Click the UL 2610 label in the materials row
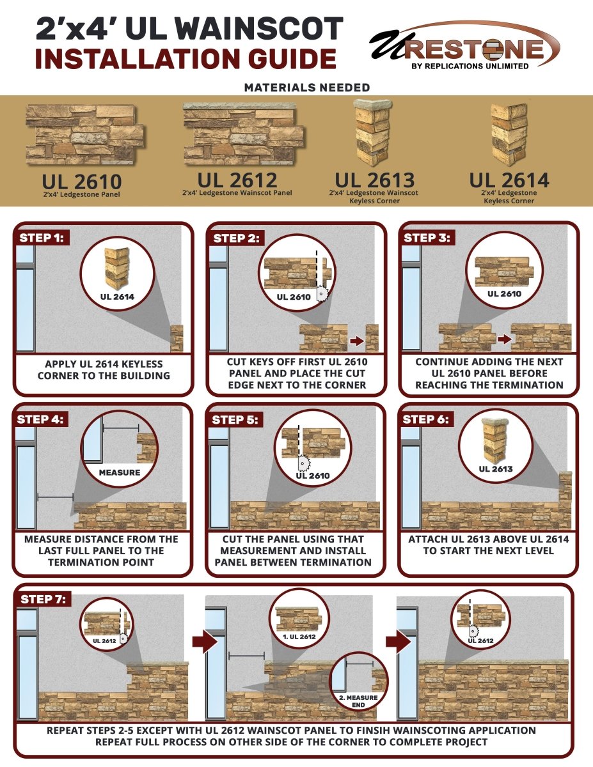pos(82,182)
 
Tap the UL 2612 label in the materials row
pos(237,180)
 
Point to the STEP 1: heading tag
pos(42,238)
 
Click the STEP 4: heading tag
pos(40,419)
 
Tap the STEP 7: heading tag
pos(43,599)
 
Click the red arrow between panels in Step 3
pos(504,339)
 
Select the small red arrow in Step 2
pos(357,341)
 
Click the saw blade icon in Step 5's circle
pos(304,463)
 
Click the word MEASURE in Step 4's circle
pos(120,472)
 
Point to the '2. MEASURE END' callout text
pos(358,701)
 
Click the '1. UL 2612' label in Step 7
pos(299,637)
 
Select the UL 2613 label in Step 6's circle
pos(496,469)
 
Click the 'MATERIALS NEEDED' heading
pos(307,88)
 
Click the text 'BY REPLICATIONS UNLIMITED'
pos(470,66)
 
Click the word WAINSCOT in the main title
pos(257,28)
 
